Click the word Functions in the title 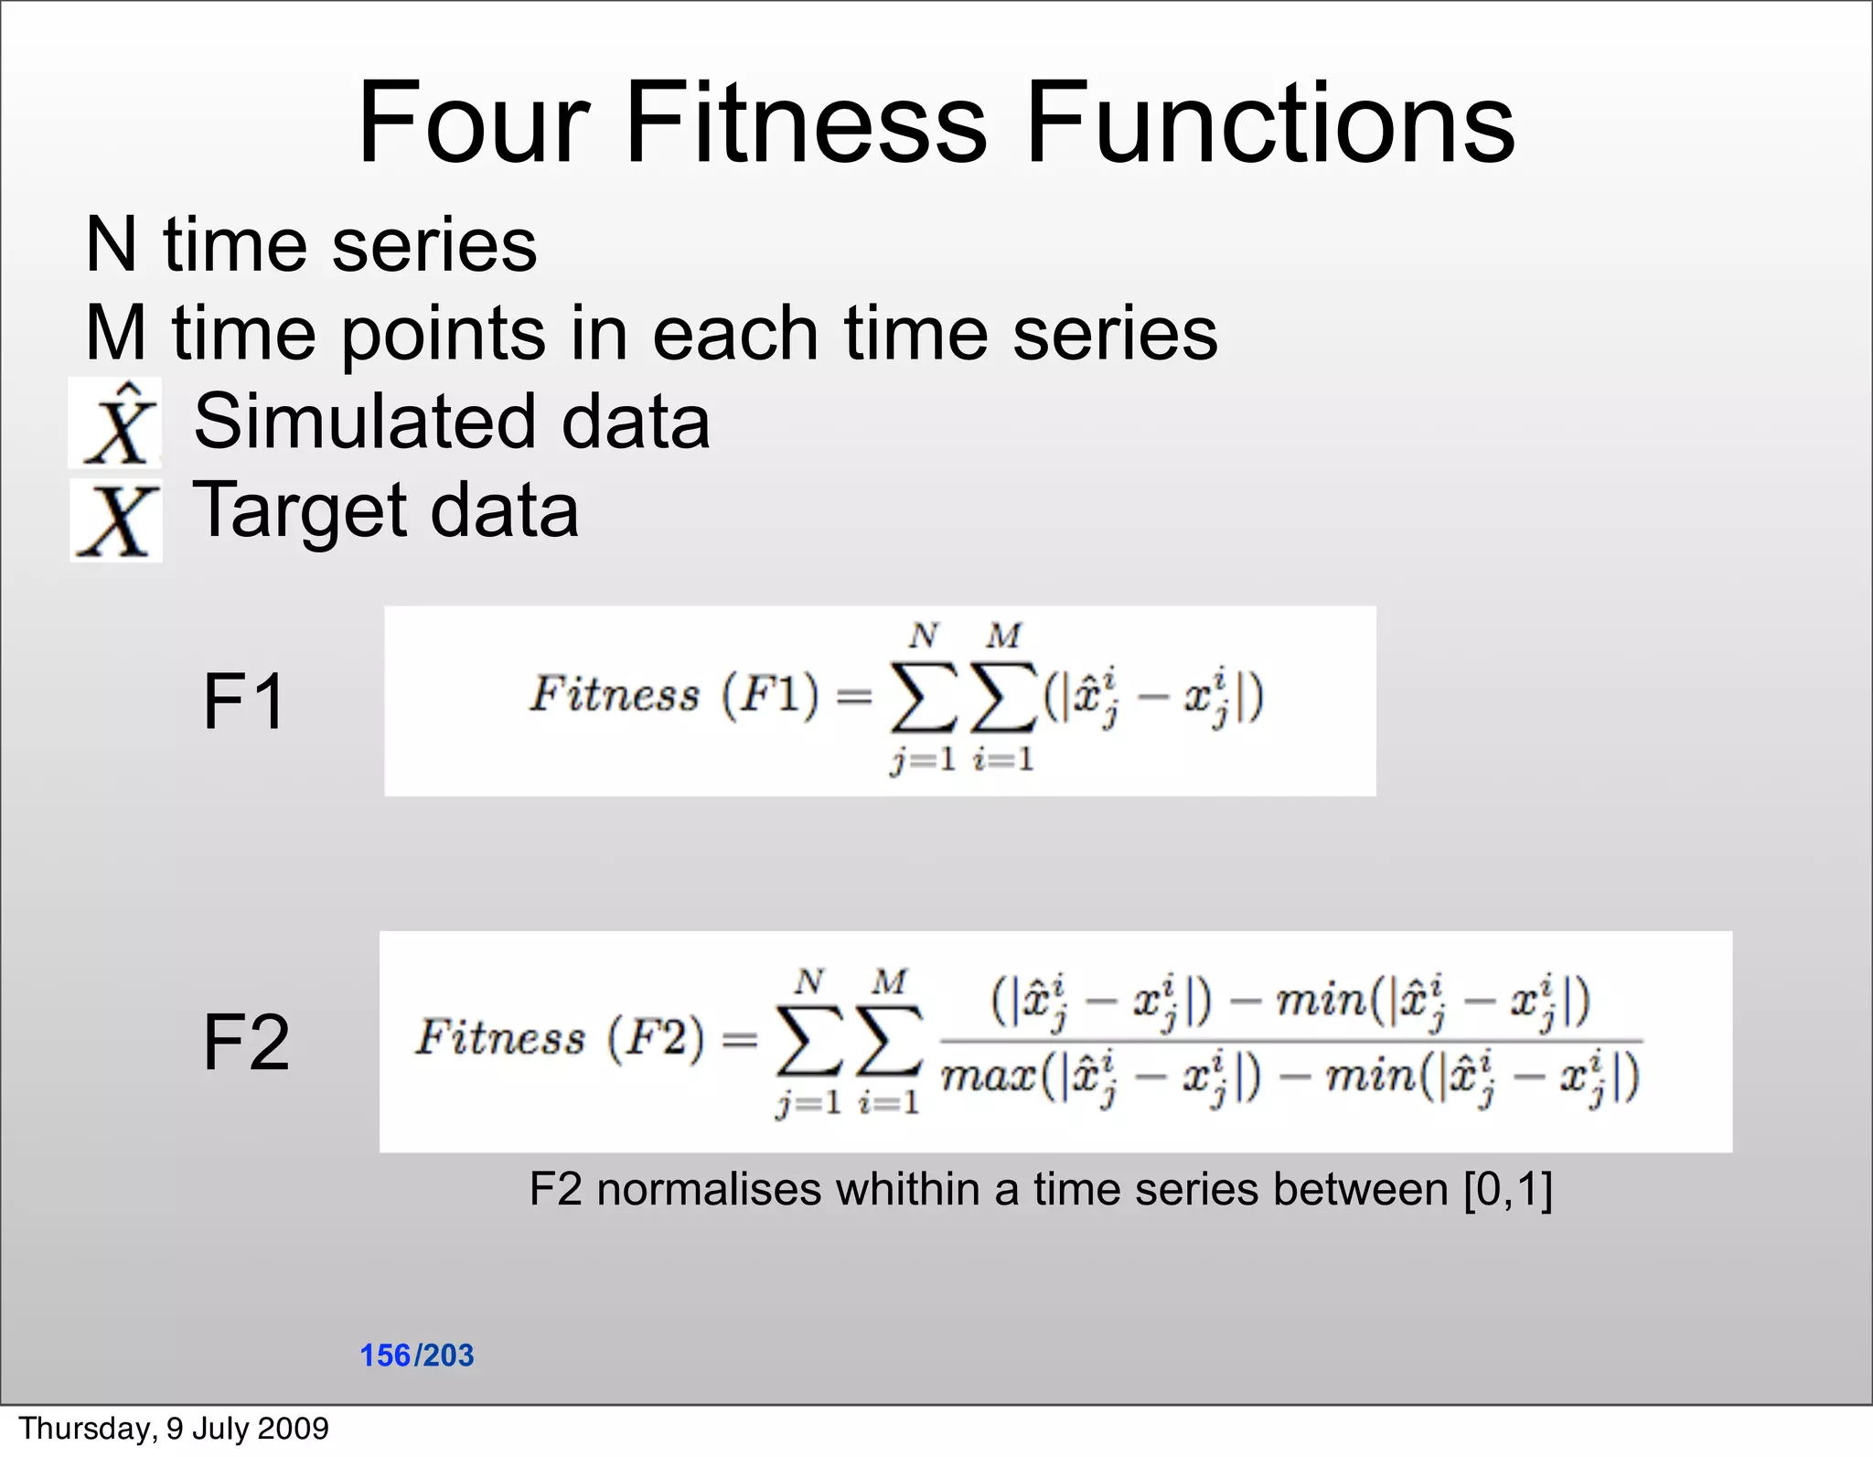point(1269,123)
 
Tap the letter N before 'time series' point(111,245)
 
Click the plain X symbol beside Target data point(117,521)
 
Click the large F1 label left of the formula point(243,702)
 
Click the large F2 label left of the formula point(245,1043)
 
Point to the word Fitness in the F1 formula point(614,695)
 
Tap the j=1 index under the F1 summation point(921,759)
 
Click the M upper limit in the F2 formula point(888,982)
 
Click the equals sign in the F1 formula point(853,697)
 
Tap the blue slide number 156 point(385,1355)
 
